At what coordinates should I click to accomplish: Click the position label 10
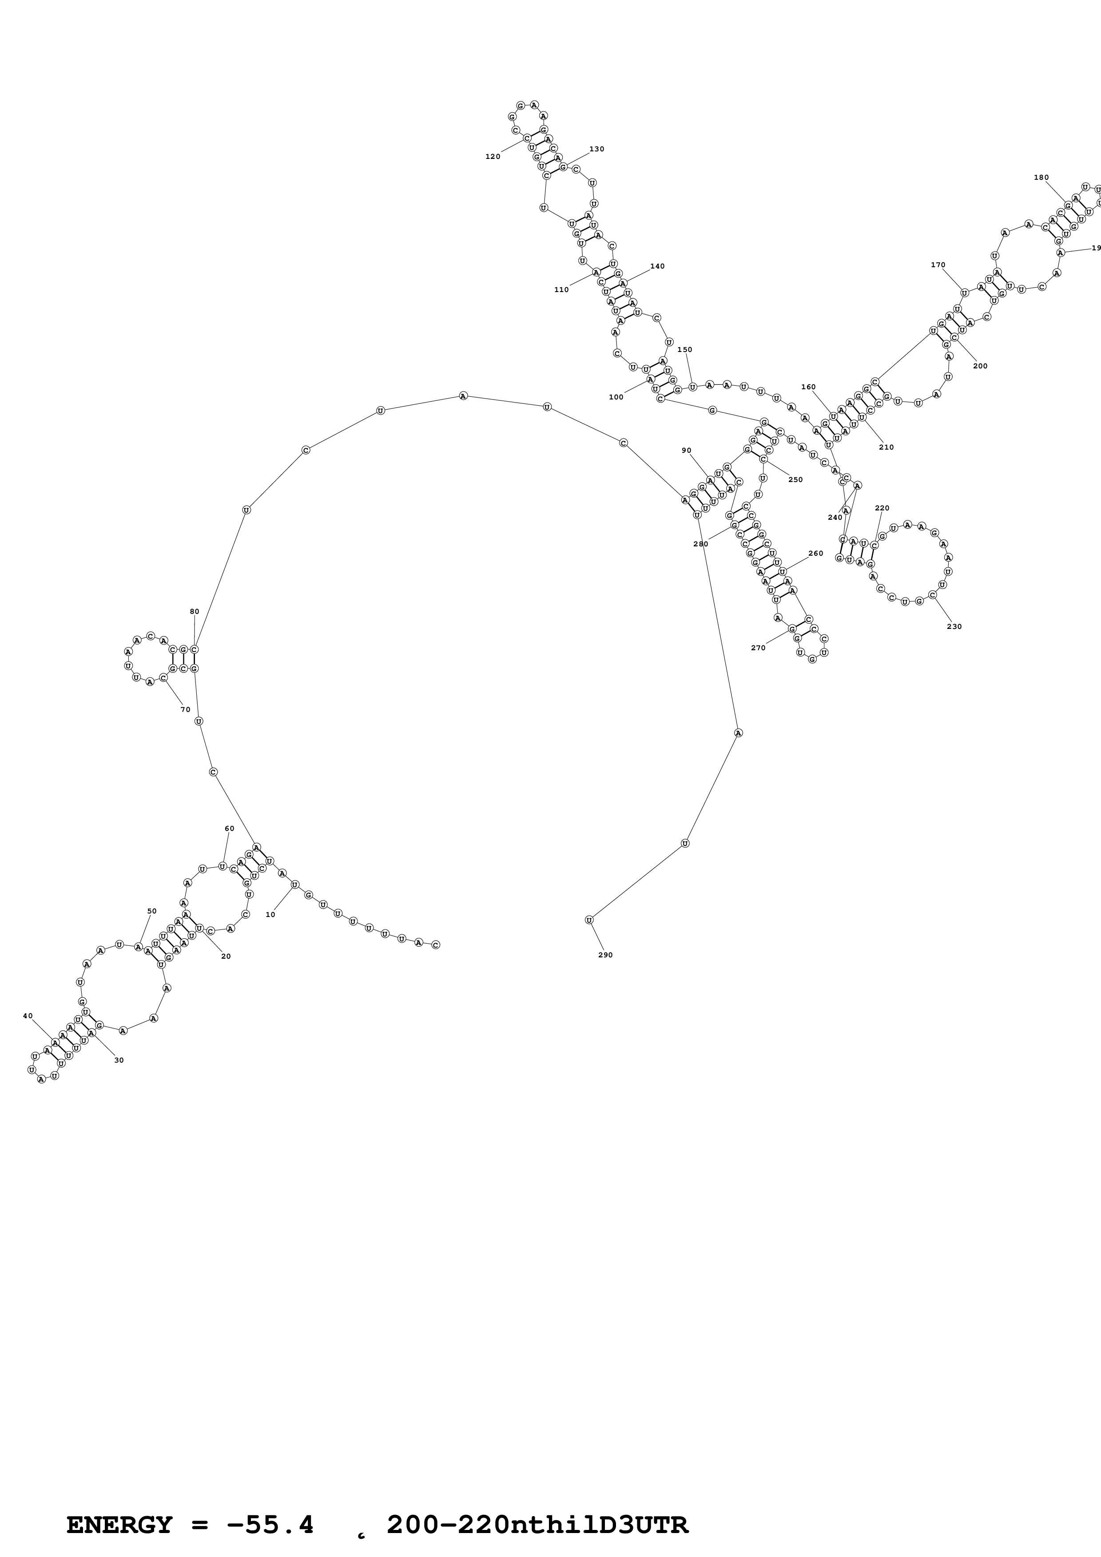270,915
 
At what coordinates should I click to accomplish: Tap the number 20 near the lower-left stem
226,956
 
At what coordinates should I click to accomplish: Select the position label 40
28,1016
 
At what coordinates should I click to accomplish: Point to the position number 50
152,911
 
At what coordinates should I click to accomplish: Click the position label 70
185,709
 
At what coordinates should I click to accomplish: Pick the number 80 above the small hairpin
195,612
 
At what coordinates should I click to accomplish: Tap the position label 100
616,397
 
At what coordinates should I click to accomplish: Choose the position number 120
493,157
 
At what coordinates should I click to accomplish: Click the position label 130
597,149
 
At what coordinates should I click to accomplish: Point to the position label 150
685,350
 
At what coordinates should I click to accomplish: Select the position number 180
1041,178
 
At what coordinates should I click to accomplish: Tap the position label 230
954,627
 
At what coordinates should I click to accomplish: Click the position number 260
816,553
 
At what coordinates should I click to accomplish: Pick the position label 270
759,648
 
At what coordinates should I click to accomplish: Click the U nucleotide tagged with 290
589,920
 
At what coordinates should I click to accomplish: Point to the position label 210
886,447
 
